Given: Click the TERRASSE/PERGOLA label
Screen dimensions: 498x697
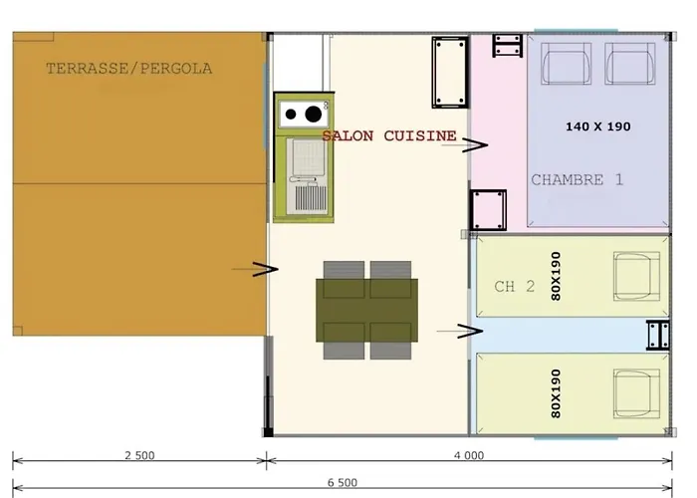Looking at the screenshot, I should (x=129, y=69).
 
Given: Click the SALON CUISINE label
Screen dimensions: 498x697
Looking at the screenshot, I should (x=389, y=135).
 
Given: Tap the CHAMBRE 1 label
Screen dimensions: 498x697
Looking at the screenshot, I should (x=578, y=180).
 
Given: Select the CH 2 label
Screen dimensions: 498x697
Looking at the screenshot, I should (x=515, y=287).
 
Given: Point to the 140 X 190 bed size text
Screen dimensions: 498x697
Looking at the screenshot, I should (x=597, y=126).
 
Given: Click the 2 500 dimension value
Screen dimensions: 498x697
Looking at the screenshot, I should (x=139, y=455).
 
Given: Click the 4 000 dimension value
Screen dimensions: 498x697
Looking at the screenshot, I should (x=468, y=455).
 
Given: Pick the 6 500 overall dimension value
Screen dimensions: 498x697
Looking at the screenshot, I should (x=343, y=482).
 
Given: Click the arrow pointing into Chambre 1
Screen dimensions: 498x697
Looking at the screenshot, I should (x=475, y=145).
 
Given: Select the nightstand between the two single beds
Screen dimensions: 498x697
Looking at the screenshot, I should (x=658, y=334).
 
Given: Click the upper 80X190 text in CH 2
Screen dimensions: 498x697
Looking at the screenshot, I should (x=556, y=277).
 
